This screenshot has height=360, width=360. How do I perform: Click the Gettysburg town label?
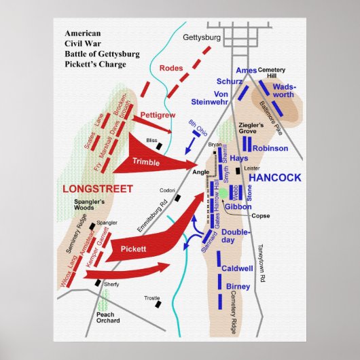coord(203,39)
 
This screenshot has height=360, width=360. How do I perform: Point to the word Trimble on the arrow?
coord(146,162)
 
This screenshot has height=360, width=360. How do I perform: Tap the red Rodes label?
coord(171,68)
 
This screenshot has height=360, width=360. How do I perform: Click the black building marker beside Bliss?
coord(159,145)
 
